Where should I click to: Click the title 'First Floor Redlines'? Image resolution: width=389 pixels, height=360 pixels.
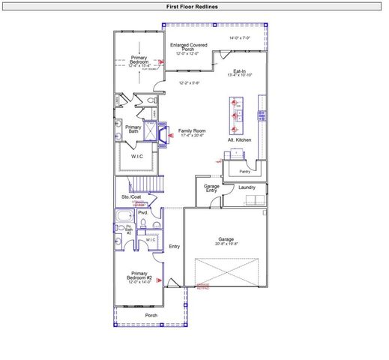click(193, 7)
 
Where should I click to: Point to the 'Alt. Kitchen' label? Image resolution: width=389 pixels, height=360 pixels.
click(239, 140)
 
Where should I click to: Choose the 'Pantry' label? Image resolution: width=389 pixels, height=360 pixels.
click(244, 171)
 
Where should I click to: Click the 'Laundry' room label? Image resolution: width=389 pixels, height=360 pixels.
click(247, 187)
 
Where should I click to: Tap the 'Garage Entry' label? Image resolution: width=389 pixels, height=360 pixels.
click(211, 187)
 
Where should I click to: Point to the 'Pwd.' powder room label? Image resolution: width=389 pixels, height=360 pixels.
click(142, 213)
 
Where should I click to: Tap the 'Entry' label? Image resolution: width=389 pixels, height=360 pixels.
click(175, 246)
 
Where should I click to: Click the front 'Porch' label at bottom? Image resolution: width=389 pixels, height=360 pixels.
click(151, 315)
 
